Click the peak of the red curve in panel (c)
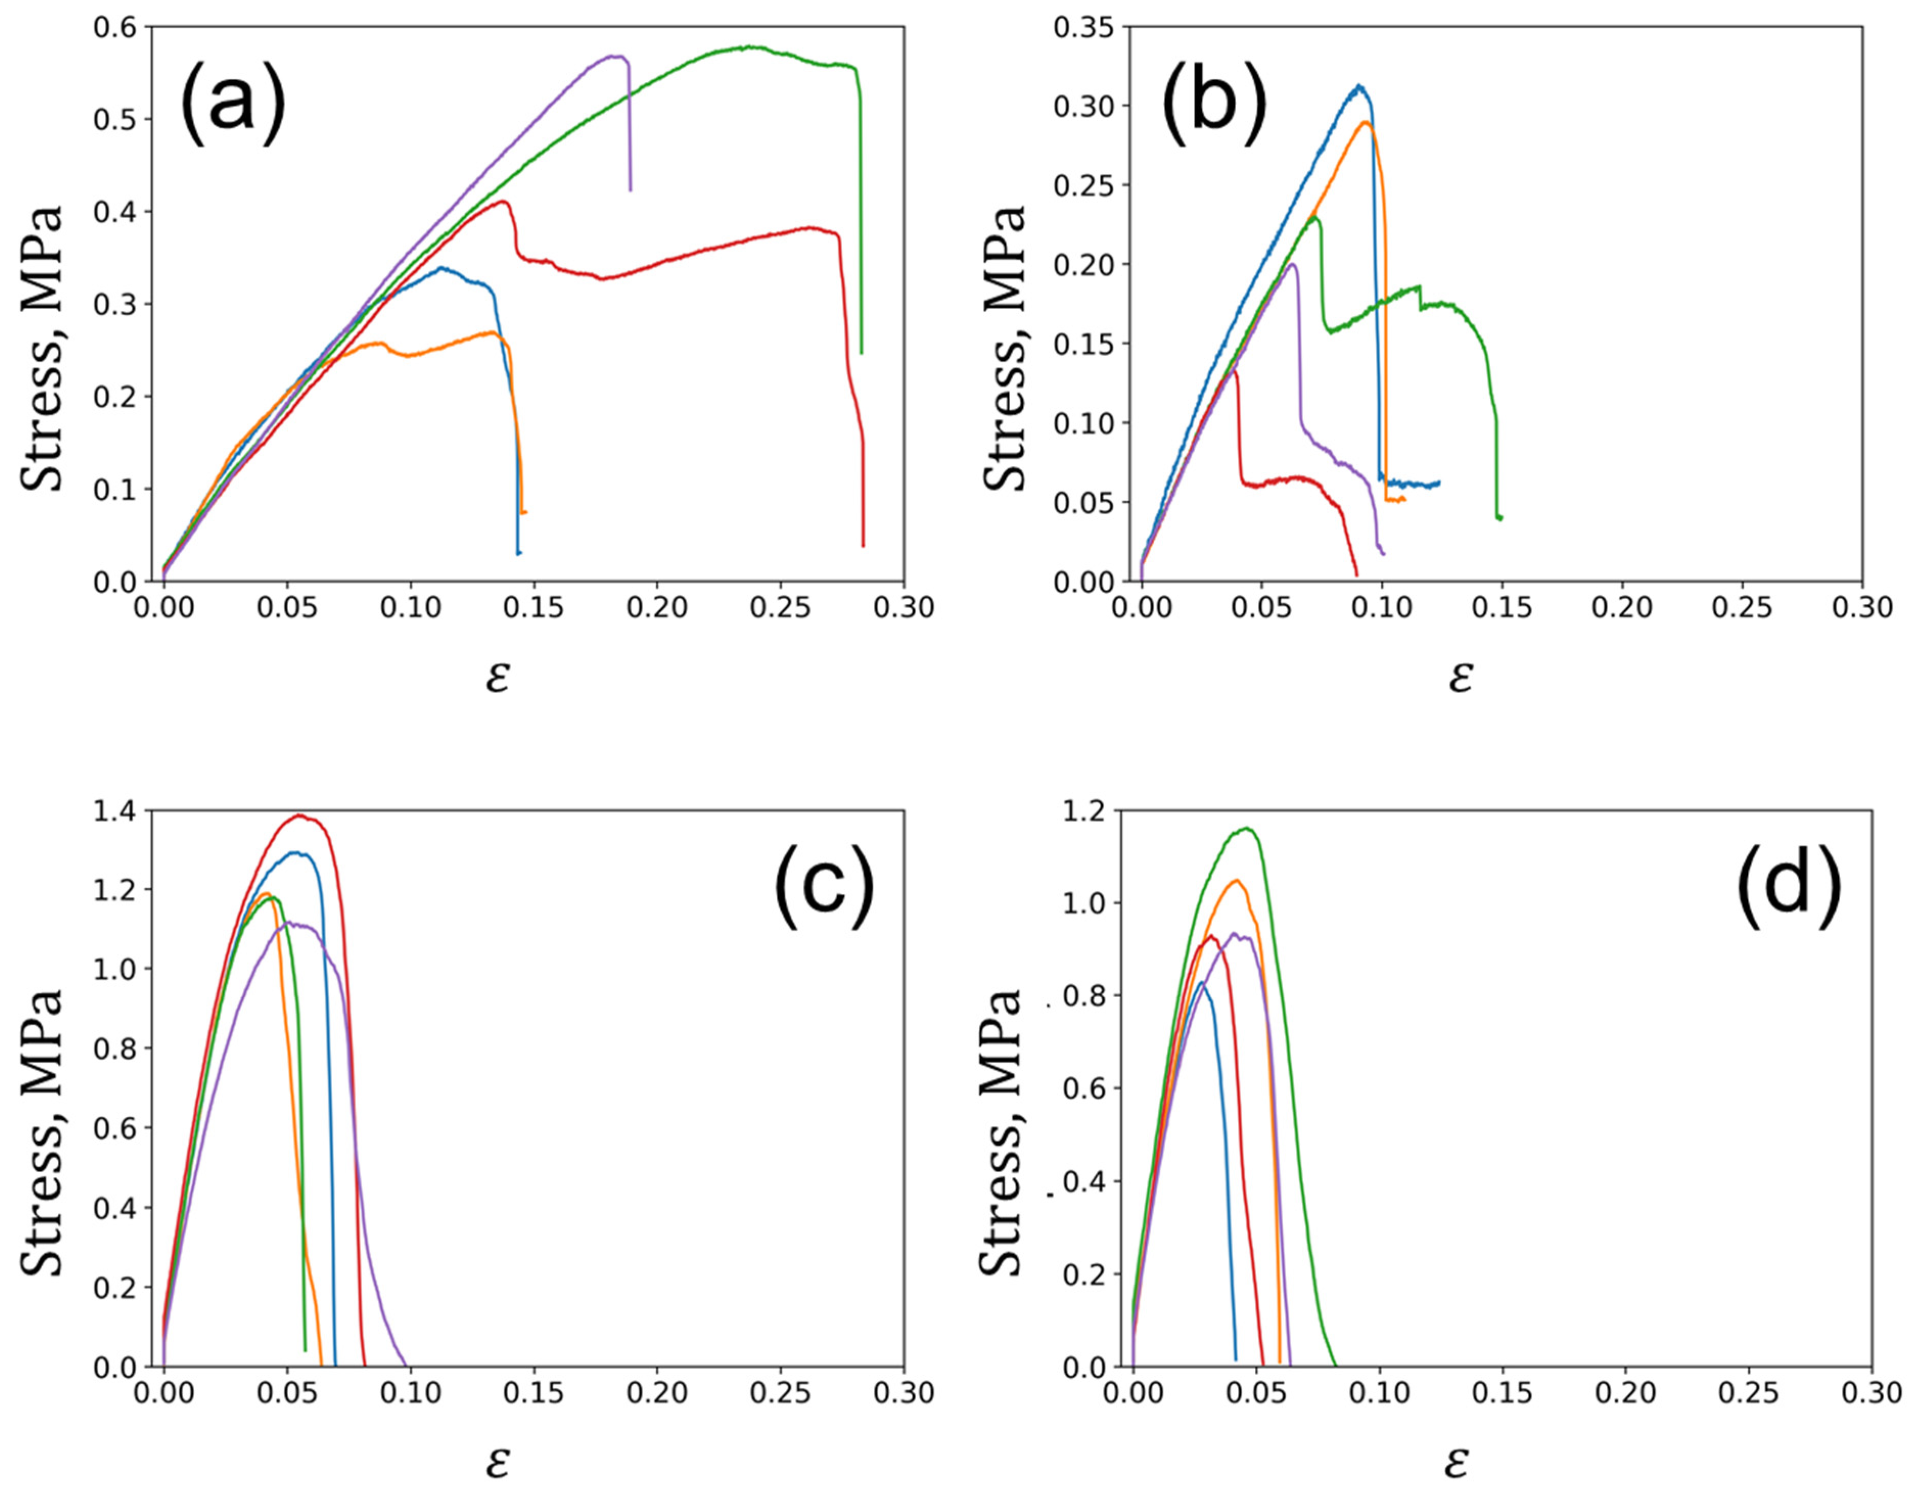pos(301,815)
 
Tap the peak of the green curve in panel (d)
pos(1245,828)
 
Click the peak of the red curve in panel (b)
pos(1234,372)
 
